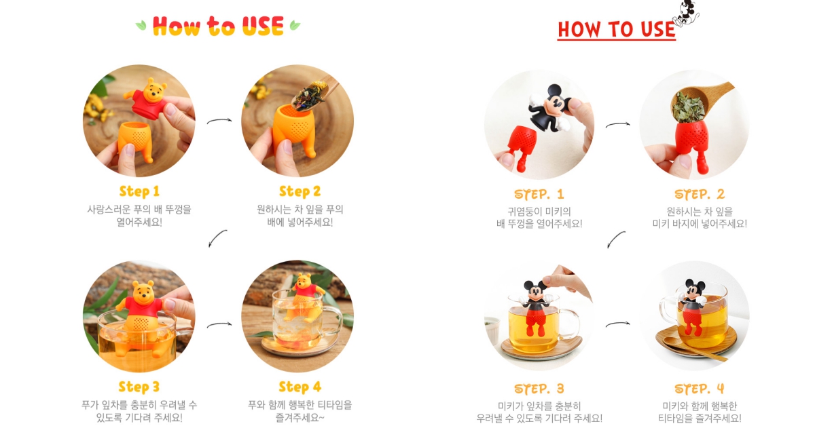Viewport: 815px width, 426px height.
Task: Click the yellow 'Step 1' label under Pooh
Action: click(139, 191)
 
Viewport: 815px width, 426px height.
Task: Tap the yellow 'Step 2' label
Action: click(300, 191)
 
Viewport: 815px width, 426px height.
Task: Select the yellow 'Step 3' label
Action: click(139, 387)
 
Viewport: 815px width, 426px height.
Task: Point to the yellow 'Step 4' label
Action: click(300, 387)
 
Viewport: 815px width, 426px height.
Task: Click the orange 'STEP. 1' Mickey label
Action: click(539, 195)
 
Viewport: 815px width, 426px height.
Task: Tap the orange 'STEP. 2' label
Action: click(700, 195)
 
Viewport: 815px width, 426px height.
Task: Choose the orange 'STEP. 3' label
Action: click(539, 389)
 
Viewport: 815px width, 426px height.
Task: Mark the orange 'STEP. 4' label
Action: click(700, 389)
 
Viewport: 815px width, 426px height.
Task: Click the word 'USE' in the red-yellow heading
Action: click(263, 26)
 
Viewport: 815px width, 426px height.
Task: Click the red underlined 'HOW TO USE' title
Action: click(617, 30)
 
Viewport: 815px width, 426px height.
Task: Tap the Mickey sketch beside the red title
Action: click(685, 14)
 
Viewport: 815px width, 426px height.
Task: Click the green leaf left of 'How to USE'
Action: click(141, 26)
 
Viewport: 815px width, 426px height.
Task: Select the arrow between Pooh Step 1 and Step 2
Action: click(219, 120)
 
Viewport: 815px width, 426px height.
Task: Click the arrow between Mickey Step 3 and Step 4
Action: click(618, 324)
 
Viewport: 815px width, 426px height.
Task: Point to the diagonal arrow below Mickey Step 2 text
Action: click(615, 239)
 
